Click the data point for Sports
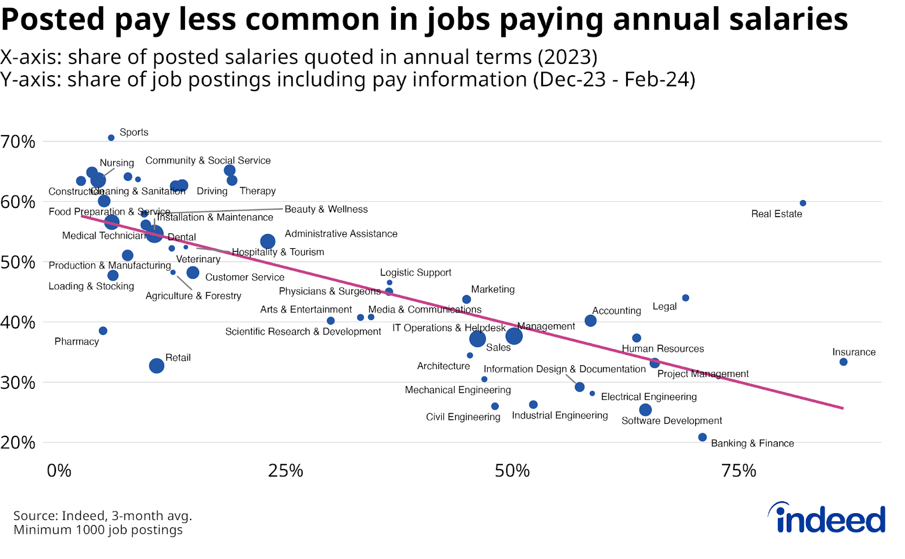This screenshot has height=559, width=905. coord(111,138)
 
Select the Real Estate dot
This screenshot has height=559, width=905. coord(803,203)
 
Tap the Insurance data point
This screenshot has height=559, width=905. coord(843,362)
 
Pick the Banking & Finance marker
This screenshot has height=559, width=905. coord(703,437)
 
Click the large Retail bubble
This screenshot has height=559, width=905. coord(157,366)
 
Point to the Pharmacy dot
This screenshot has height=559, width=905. coord(103,331)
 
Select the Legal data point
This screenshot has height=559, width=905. coord(686,298)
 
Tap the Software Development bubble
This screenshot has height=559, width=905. coord(645,410)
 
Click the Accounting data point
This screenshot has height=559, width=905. coord(591,320)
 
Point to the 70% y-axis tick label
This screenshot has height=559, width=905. coord(18,142)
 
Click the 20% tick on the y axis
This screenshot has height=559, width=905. coord(18,443)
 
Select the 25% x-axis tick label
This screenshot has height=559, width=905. coord(285,471)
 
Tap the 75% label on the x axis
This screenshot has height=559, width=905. coord(739,471)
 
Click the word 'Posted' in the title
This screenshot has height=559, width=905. coord(53,19)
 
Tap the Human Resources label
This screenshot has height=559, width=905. coord(663,349)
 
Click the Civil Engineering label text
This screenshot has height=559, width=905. coord(463,417)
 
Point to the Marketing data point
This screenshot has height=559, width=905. coord(467,300)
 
